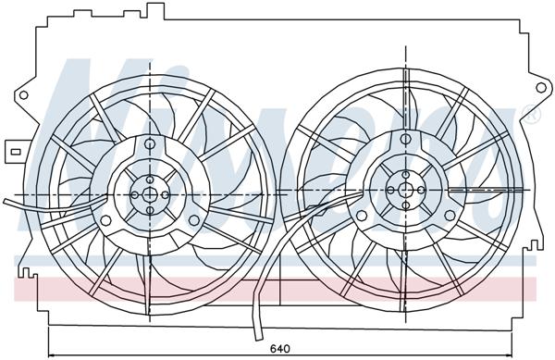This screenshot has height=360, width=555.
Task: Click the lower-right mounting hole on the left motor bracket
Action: [x=195, y=220]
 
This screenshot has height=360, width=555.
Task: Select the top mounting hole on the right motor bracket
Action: [x=404, y=137]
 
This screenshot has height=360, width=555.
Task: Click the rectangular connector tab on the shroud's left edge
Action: [x=15, y=147]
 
